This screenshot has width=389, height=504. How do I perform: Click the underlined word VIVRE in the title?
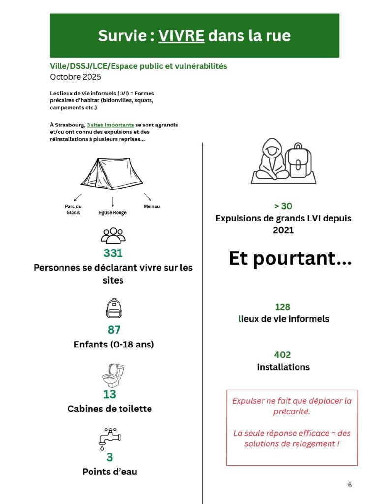181,36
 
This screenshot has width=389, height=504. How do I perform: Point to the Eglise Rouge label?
113,213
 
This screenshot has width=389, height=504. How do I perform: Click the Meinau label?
151,207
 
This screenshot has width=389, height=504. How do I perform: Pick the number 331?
113,253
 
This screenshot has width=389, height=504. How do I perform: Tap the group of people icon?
113,236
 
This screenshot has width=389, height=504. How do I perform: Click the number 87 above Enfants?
114,330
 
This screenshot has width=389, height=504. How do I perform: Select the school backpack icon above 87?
114,309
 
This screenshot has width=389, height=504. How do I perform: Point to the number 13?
110,394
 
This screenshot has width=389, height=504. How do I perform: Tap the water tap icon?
109,439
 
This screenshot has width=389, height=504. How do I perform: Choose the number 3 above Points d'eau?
110,457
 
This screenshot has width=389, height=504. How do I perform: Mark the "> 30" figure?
283,206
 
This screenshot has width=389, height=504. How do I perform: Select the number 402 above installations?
283,355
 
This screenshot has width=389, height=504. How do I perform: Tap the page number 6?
350,485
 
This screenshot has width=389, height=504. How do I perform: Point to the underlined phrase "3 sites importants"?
113,125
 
